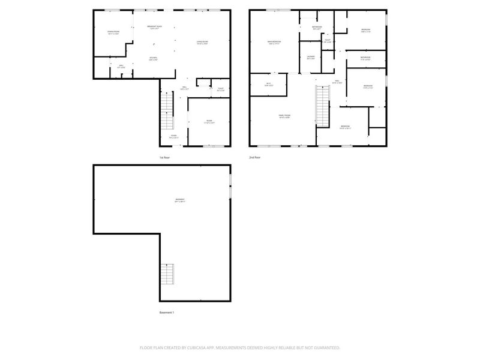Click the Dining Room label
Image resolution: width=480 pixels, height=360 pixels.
click(113, 32)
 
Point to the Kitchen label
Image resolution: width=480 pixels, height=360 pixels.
click(154, 58)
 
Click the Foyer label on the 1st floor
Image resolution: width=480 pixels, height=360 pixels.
click(173, 136)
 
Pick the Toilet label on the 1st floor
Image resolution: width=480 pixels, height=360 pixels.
click(221, 89)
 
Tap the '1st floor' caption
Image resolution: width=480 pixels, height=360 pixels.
click(165, 157)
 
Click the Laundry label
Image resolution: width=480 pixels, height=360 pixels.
click(310, 57)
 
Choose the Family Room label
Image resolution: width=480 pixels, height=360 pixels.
click(284, 116)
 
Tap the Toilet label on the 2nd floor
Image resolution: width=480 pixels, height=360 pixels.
click(328, 41)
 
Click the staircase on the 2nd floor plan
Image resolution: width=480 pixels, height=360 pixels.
click(323, 105)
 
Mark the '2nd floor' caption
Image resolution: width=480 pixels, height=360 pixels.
click(255, 157)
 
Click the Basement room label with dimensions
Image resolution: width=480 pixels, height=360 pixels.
click(180, 200)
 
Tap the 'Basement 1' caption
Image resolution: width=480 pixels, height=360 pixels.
click(167, 313)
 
